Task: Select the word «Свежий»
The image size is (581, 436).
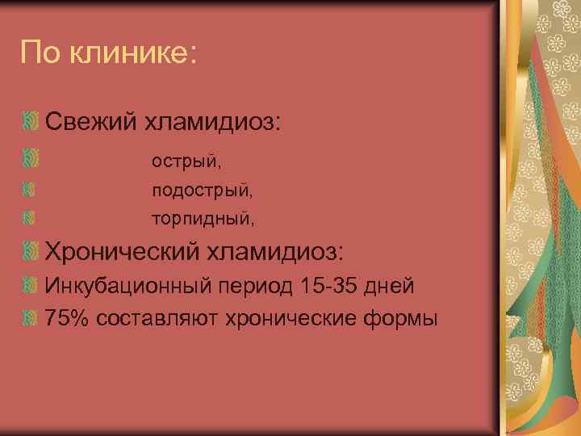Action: [x=90, y=124]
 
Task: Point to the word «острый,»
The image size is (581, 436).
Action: [x=186, y=161]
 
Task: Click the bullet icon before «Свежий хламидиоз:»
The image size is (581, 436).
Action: [x=30, y=124]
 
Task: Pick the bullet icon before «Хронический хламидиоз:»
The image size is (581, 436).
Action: [x=30, y=252]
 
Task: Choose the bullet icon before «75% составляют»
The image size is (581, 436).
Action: [x=30, y=317]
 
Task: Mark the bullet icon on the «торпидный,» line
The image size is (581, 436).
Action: [x=30, y=217]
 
